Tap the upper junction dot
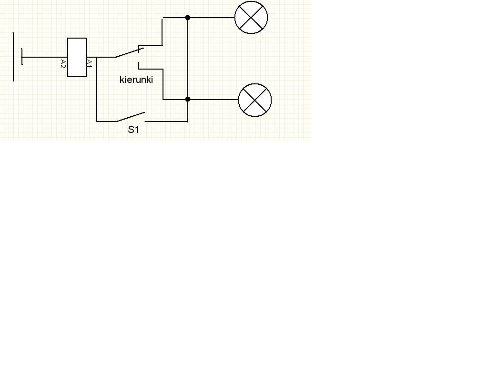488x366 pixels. pos(188,18)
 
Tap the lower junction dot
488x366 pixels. pos(188,99)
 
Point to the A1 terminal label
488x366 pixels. pos(90,64)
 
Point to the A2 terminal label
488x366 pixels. pos(63,64)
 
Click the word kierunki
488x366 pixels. pos(136,80)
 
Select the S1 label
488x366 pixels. pos(133,130)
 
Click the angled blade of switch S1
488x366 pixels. pos(131,117)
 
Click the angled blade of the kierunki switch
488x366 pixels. pos(130,52)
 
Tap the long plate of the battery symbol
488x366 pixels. pos(13,56)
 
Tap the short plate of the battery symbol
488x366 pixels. pos(22,57)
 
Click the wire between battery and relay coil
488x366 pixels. pos(45,57)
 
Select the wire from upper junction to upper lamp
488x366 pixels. pos(211,18)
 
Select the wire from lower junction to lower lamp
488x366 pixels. pos(213,100)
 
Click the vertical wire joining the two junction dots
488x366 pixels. pos(188,59)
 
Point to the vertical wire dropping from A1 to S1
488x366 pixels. pos(96,89)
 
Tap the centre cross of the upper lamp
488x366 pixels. pos(251,18)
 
